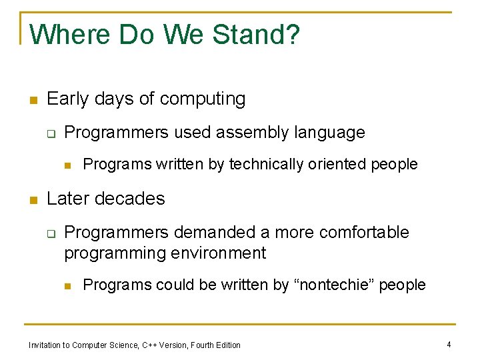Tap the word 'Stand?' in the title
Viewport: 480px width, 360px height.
(256, 35)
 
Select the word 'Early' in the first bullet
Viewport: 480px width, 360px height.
(67, 99)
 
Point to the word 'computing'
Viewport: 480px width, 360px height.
(203, 99)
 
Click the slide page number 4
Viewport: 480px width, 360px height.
(449, 344)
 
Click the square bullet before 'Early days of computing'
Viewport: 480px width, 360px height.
(32, 101)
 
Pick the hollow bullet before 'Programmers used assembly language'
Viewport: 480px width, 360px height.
(50, 133)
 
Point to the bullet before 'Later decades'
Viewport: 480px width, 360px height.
(32, 200)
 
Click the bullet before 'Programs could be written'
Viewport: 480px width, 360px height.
(68, 286)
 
